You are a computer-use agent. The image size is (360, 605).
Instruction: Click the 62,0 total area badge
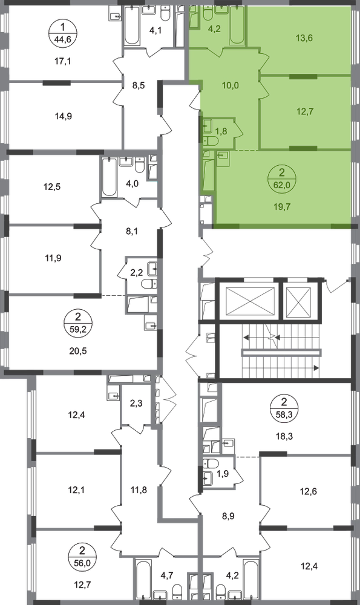point(282,178)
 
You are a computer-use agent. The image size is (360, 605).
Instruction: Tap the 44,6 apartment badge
point(63,33)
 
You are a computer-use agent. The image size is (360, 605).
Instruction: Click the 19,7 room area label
point(282,207)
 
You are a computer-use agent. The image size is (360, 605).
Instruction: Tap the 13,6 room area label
point(304,38)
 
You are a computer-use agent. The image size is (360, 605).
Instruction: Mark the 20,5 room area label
point(78,351)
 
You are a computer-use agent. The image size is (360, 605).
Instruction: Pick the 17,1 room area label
point(63,61)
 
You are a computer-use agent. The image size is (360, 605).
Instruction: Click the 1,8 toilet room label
point(221,131)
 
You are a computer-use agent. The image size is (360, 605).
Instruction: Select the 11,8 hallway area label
point(139,490)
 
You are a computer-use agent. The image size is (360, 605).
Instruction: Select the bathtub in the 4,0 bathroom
point(109,177)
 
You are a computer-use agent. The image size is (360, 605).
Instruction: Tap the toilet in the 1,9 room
point(211,463)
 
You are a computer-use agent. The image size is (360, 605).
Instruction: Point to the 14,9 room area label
point(64,116)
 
